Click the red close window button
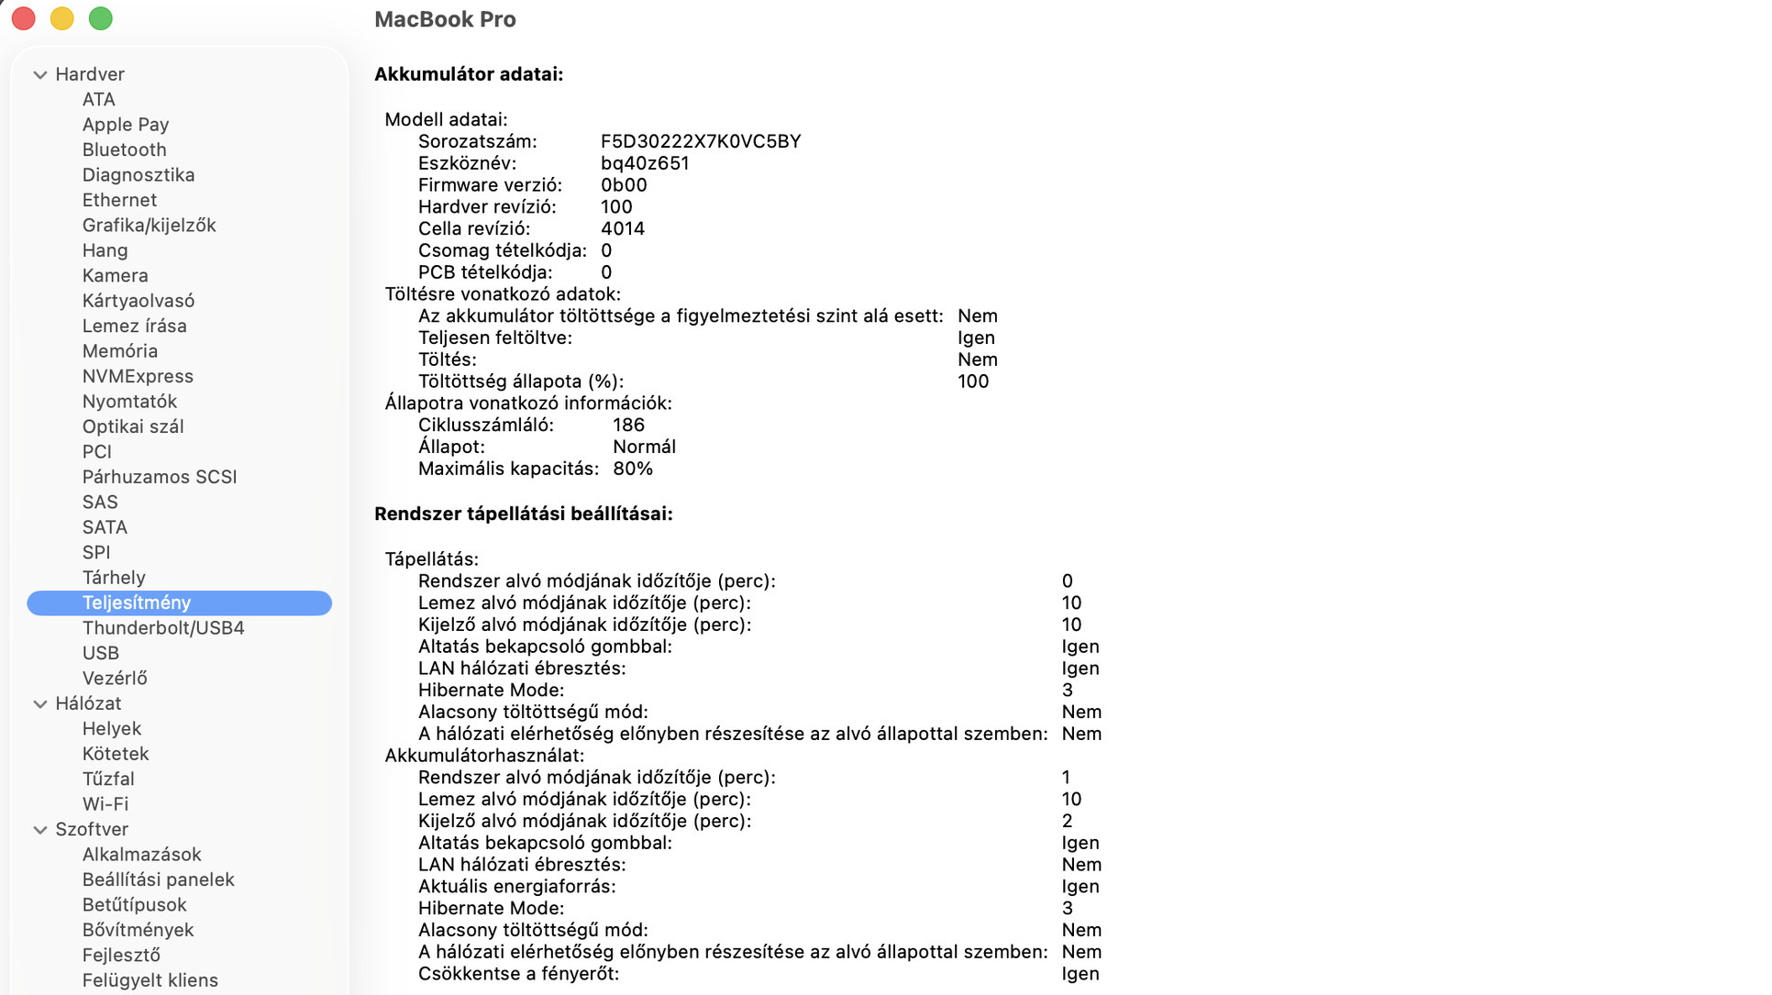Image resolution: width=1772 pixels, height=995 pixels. tap(24, 18)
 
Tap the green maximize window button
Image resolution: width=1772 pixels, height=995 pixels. tap(101, 18)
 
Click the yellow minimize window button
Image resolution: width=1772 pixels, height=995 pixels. tap(62, 18)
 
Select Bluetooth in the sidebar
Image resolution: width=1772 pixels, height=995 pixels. tap(124, 149)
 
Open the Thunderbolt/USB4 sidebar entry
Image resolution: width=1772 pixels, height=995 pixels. tap(163, 628)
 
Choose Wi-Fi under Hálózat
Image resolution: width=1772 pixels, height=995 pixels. tap(105, 804)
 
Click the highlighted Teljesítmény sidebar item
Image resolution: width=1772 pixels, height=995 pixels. tap(137, 603)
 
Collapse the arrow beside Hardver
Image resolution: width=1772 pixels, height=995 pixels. tap(40, 75)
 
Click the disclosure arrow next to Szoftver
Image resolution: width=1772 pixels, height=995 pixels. tap(40, 830)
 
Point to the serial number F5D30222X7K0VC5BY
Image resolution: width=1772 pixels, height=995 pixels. tap(701, 141)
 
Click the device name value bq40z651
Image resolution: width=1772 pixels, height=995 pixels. tap(645, 163)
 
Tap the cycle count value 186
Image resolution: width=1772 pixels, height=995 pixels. tap(628, 425)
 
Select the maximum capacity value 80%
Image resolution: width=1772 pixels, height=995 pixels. tap(633, 469)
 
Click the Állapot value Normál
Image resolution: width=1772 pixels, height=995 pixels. tap(644, 447)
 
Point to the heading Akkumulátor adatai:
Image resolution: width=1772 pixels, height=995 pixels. tap(469, 74)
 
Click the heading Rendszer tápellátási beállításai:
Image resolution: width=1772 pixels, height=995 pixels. tap(524, 514)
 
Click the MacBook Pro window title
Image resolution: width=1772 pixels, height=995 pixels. tap(445, 19)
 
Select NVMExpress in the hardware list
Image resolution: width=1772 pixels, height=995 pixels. tap(138, 376)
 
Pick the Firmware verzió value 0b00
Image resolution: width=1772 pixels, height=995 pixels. tap(624, 185)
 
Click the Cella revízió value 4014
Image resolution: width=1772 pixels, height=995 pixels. tap(623, 228)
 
